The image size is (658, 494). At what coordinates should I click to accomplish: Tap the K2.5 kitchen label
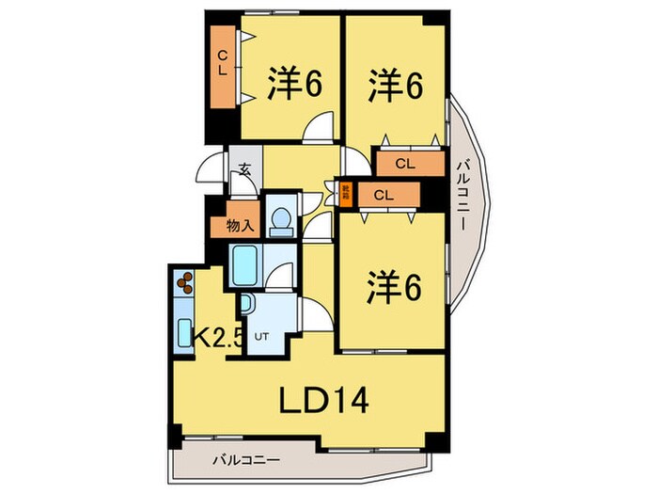(219, 336)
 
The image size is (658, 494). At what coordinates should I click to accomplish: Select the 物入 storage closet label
(240, 225)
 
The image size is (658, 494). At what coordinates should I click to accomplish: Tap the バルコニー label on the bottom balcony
(244, 461)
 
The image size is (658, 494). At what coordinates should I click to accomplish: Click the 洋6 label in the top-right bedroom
(394, 85)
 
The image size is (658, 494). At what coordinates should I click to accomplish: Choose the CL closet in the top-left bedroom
(224, 66)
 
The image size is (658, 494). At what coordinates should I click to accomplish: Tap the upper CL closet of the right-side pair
(407, 164)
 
